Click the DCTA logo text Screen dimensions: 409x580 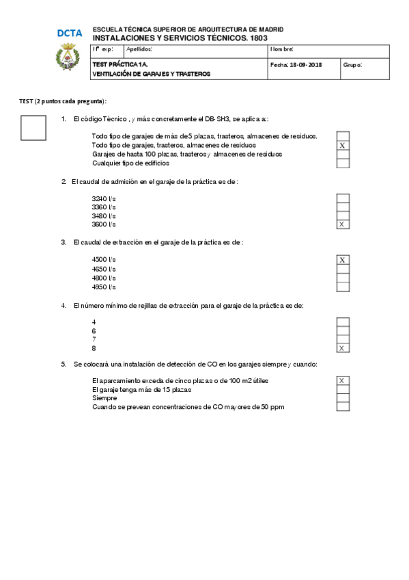coord(70,33)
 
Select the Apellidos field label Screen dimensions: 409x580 coord(139,49)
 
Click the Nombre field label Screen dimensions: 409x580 coord(282,49)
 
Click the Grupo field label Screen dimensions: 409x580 coord(352,65)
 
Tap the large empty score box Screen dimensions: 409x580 coord(33,127)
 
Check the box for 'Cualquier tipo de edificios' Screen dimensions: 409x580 coord(343,163)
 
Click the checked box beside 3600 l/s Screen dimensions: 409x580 coord(343,224)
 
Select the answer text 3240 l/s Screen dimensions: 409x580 coord(104,198)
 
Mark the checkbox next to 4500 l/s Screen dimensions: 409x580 coord(343,260)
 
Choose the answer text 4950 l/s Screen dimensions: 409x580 coord(104,287)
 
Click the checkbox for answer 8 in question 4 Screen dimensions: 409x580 coord(343,348)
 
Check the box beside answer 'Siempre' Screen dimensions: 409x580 coord(343,398)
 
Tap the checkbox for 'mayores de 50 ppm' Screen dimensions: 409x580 coord(343,407)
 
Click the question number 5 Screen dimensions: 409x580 coord(64,364)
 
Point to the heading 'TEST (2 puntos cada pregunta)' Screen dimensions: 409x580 coord(63,101)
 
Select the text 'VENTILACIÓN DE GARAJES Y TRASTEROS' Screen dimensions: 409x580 coord(151,74)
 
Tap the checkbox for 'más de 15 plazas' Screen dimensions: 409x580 coord(343,389)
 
